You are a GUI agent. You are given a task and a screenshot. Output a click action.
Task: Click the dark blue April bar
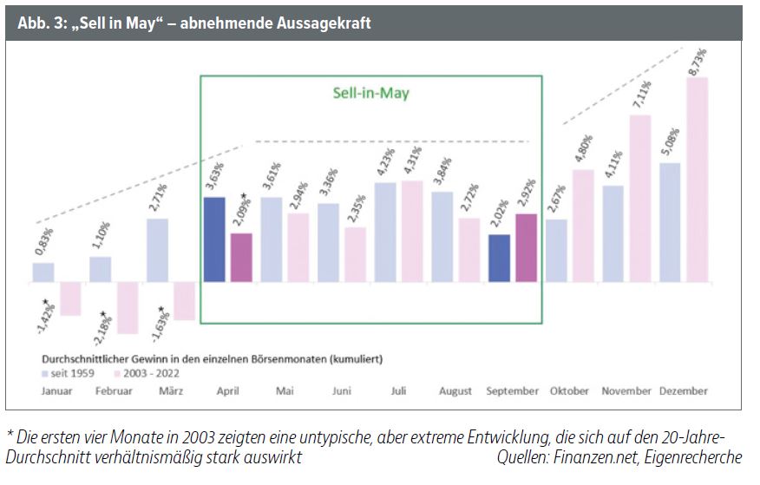[x=213, y=239]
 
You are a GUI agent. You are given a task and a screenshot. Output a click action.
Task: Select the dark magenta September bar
[x=526, y=247]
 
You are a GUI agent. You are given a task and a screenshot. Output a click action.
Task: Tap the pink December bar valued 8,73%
[x=697, y=180]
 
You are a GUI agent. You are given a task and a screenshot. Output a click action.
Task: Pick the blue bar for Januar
[x=43, y=272]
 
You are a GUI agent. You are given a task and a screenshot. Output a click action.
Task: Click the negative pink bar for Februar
[x=128, y=308]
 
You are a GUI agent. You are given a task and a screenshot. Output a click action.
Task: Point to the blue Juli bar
[x=385, y=232]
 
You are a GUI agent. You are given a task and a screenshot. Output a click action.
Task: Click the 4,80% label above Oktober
[x=582, y=148]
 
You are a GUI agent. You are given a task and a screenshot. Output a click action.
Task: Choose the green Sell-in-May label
[x=370, y=93]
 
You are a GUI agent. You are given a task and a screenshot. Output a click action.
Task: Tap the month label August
[x=455, y=391]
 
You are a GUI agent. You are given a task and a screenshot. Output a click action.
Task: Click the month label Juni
[x=341, y=391]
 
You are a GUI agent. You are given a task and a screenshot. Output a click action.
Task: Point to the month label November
[x=626, y=391]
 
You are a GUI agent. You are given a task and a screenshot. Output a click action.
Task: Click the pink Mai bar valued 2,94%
[x=298, y=247]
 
